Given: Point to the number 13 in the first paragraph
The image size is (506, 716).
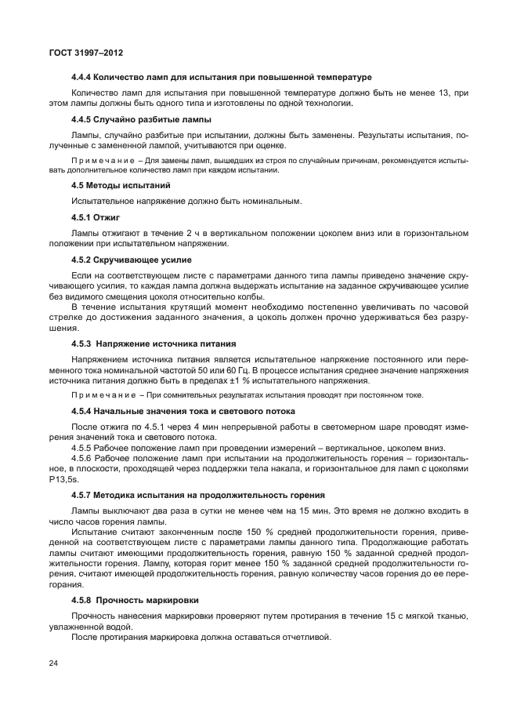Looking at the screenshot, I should (443, 93).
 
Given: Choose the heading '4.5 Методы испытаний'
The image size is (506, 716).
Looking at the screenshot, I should (121, 185).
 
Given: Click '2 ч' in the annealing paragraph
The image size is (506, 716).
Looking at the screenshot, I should (192, 233).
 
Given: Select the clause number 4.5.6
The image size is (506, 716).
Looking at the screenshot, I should (82, 458).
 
